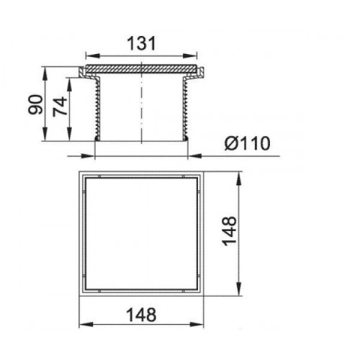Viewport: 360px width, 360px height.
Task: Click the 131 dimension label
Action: point(141,43)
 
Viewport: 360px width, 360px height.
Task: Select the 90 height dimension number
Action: point(35,104)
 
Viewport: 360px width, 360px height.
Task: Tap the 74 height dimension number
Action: point(60,107)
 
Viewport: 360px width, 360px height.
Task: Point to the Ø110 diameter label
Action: point(248,143)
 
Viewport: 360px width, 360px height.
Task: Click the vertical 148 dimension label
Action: point(230,231)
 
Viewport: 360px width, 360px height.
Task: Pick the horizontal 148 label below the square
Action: point(141,315)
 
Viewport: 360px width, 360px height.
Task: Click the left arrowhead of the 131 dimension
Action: point(93,56)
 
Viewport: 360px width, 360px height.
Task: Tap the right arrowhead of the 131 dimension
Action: point(190,56)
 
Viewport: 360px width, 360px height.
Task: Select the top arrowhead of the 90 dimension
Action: point(45,73)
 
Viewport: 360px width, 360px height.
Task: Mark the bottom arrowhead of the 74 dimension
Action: point(69,134)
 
